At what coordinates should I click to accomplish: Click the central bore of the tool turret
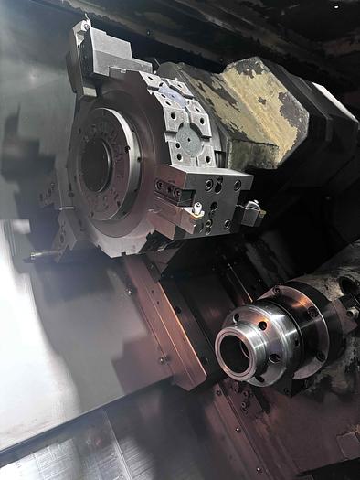(x=95, y=164)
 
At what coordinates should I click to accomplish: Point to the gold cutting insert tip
(x=196, y=211)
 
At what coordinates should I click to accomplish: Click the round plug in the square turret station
(x=188, y=139)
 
